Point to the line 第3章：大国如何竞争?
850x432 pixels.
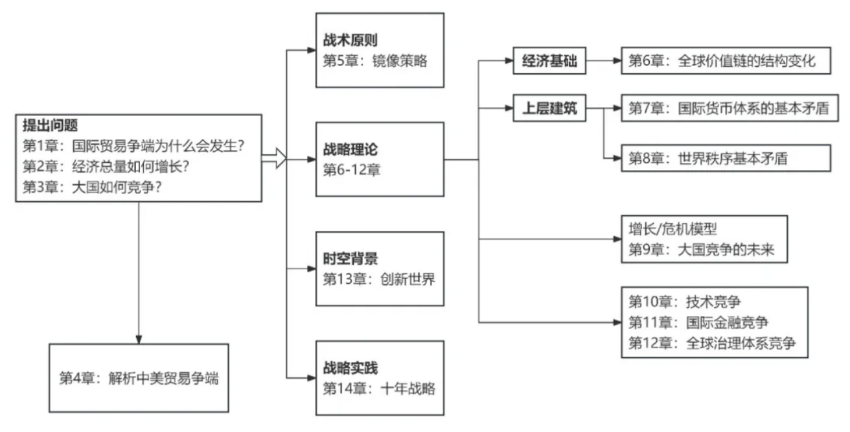pos(93,186)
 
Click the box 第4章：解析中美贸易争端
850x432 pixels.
pos(139,379)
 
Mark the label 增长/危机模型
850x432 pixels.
pos(672,229)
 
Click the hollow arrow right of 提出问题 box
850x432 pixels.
pos(274,158)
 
